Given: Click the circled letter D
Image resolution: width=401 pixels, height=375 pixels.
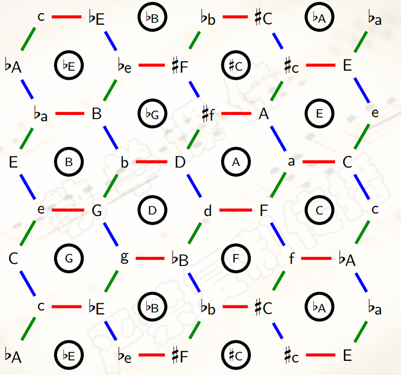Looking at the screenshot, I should click(152, 210).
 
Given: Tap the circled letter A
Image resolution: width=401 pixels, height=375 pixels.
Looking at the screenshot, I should click(236, 162).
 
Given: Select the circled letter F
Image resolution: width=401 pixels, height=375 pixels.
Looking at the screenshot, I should click(236, 259).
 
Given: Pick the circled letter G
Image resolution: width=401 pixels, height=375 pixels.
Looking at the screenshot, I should click(69, 259).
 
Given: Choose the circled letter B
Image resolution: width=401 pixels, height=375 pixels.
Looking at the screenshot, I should click(69, 162).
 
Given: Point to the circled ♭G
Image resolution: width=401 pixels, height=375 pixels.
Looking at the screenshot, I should click(152, 114).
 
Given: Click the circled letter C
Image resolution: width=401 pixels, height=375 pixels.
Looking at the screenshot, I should click(319, 210).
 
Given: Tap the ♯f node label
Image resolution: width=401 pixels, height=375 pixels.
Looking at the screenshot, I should click(208, 115).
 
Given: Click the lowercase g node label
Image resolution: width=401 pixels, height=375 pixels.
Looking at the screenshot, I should click(125, 257).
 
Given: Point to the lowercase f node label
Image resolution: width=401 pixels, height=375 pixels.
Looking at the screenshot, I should click(291, 259).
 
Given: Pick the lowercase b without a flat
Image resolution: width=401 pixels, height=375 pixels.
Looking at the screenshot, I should click(125, 163).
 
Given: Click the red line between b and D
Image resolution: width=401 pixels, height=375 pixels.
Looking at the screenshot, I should click(151, 162).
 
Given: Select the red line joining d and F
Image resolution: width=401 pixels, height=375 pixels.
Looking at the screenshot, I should click(235, 210).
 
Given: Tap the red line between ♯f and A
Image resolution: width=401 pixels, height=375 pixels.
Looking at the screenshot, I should click(236, 114).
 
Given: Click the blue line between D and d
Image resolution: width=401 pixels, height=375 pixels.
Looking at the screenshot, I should click(194, 186).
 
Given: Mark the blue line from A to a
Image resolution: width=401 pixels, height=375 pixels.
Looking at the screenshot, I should click(277, 137).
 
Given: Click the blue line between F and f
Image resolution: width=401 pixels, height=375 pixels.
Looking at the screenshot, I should click(277, 234).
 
